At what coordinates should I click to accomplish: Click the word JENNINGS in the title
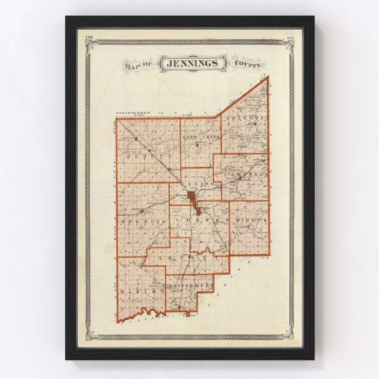196,63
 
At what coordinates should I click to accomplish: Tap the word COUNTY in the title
247,64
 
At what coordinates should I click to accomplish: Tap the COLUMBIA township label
247,118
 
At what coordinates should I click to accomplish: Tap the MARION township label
142,291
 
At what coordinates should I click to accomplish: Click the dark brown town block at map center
191,198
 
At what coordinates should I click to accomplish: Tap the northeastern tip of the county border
268,77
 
